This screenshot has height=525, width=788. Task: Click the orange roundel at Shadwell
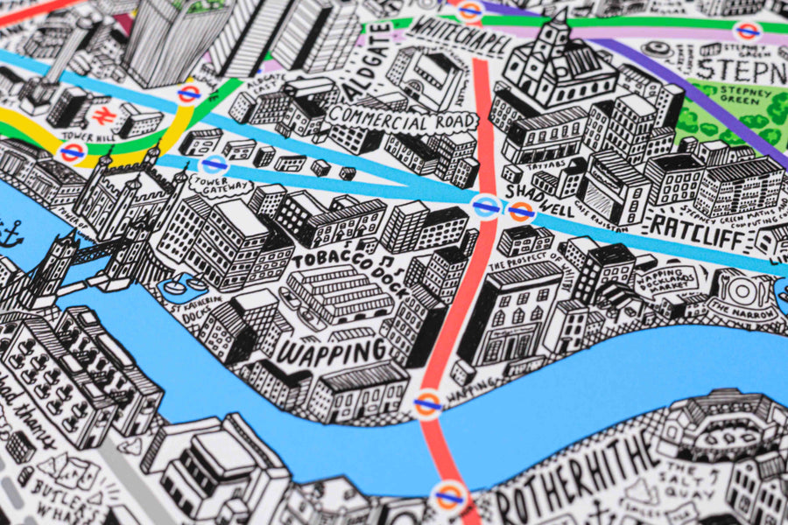click(522, 211)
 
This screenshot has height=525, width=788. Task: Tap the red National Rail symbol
click(100, 115)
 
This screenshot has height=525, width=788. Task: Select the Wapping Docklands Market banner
click(678, 283)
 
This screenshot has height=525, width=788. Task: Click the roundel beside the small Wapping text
click(427, 403)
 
